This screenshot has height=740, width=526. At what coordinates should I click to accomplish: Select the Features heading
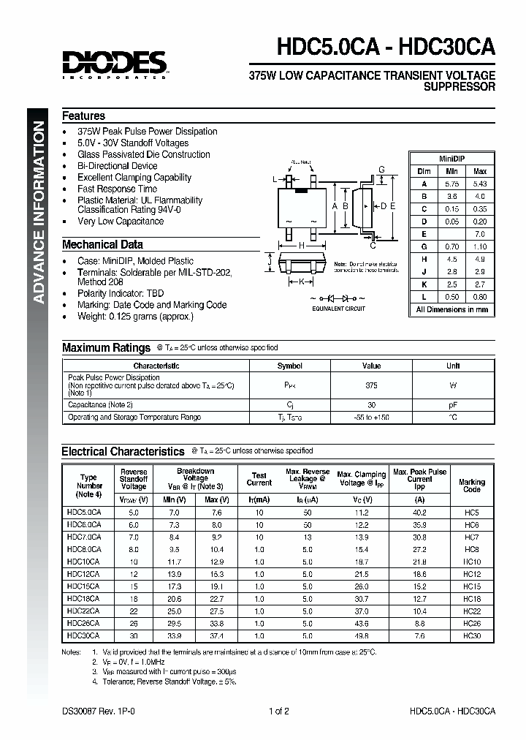(83, 116)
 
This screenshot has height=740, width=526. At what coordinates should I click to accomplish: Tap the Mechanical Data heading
(102, 245)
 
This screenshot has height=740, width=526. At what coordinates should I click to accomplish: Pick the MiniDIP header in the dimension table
(451, 158)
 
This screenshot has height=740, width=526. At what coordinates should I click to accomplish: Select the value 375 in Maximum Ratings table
(371, 385)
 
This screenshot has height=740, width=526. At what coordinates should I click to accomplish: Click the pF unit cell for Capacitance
(453, 404)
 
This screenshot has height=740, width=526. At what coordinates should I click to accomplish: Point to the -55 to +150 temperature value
(371, 418)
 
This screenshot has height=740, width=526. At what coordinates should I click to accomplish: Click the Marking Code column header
(471, 486)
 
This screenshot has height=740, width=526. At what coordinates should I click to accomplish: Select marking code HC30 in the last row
(471, 636)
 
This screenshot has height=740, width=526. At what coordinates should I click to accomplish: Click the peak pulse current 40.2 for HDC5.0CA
(419, 513)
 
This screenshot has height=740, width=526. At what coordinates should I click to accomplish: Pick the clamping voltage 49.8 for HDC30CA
(361, 636)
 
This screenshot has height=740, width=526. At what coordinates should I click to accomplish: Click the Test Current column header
(259, 479)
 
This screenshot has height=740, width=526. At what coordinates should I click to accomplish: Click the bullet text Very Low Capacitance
(121, 221)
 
